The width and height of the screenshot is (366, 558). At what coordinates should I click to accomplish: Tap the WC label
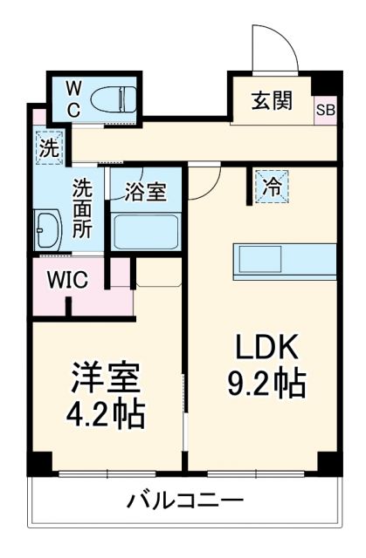point(73,99)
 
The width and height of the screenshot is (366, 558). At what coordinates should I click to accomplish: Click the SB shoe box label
point(325,110)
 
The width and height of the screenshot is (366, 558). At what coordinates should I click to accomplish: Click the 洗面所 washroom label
point(82,209)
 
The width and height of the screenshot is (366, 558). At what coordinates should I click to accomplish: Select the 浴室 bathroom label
point(145,193)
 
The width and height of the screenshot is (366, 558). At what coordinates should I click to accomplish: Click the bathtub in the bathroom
point(146,232)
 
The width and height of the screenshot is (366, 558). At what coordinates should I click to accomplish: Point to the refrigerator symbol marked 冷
point(272,186)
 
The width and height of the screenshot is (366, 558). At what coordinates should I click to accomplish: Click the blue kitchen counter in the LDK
point(284,261)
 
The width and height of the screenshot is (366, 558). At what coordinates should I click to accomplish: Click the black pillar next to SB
point(325,82)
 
